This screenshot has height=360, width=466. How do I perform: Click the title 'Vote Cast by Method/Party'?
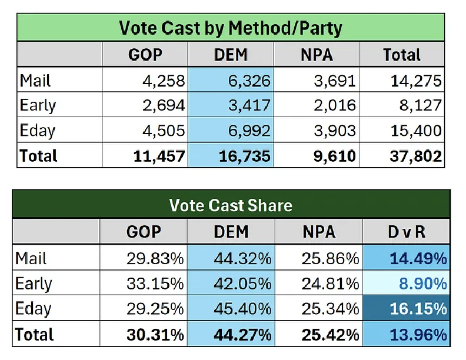click(230, 28)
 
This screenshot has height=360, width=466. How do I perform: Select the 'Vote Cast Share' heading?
click(230, 205)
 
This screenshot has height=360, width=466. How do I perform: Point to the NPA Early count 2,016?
click(334, 105)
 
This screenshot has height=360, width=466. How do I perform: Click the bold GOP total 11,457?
click(159, 156)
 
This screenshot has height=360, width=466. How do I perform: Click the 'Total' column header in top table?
click(402, 55)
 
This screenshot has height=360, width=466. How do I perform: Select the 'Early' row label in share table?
click(34, 284)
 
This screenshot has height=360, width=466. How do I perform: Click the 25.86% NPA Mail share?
click(329, 258)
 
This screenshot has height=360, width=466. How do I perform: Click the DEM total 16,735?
click(245, 156)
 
